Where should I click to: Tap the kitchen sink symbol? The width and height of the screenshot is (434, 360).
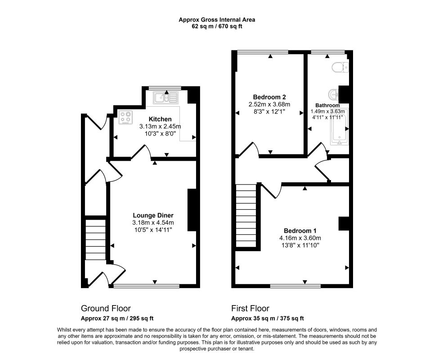166,98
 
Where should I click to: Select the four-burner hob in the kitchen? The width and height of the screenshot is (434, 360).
126,117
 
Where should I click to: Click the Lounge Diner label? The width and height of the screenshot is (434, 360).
153,215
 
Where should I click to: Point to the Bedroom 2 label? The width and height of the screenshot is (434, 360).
269,97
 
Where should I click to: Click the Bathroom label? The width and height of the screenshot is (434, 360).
327,105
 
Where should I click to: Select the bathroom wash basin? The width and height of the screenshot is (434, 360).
333,94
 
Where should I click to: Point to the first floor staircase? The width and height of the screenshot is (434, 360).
246,216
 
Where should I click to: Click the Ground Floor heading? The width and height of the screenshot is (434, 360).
106,308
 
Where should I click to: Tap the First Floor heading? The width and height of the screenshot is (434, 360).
250,308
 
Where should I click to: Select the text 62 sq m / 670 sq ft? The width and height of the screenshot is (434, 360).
217,27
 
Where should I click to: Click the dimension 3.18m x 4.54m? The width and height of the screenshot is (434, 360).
153,223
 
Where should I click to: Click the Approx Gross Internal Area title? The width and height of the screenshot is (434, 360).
217,20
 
